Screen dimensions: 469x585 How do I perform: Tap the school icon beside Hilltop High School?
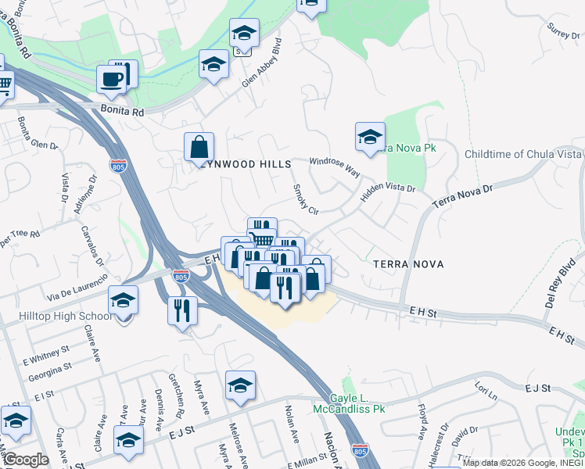[123, 300]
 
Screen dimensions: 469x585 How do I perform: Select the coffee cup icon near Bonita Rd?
[110, 79]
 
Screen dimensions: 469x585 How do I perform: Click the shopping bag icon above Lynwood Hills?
[199, 147]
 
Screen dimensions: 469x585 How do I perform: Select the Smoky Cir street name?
[305, 200]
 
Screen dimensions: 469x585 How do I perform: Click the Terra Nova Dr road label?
[464, 195]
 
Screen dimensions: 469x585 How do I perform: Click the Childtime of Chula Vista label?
[523, 154]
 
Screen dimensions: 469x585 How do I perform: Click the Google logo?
[26, 460]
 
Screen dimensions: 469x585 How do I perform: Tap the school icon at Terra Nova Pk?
[370, 137]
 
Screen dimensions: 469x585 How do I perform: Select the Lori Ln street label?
[486, 390]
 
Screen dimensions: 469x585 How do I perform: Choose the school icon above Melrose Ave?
[240, 385]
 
